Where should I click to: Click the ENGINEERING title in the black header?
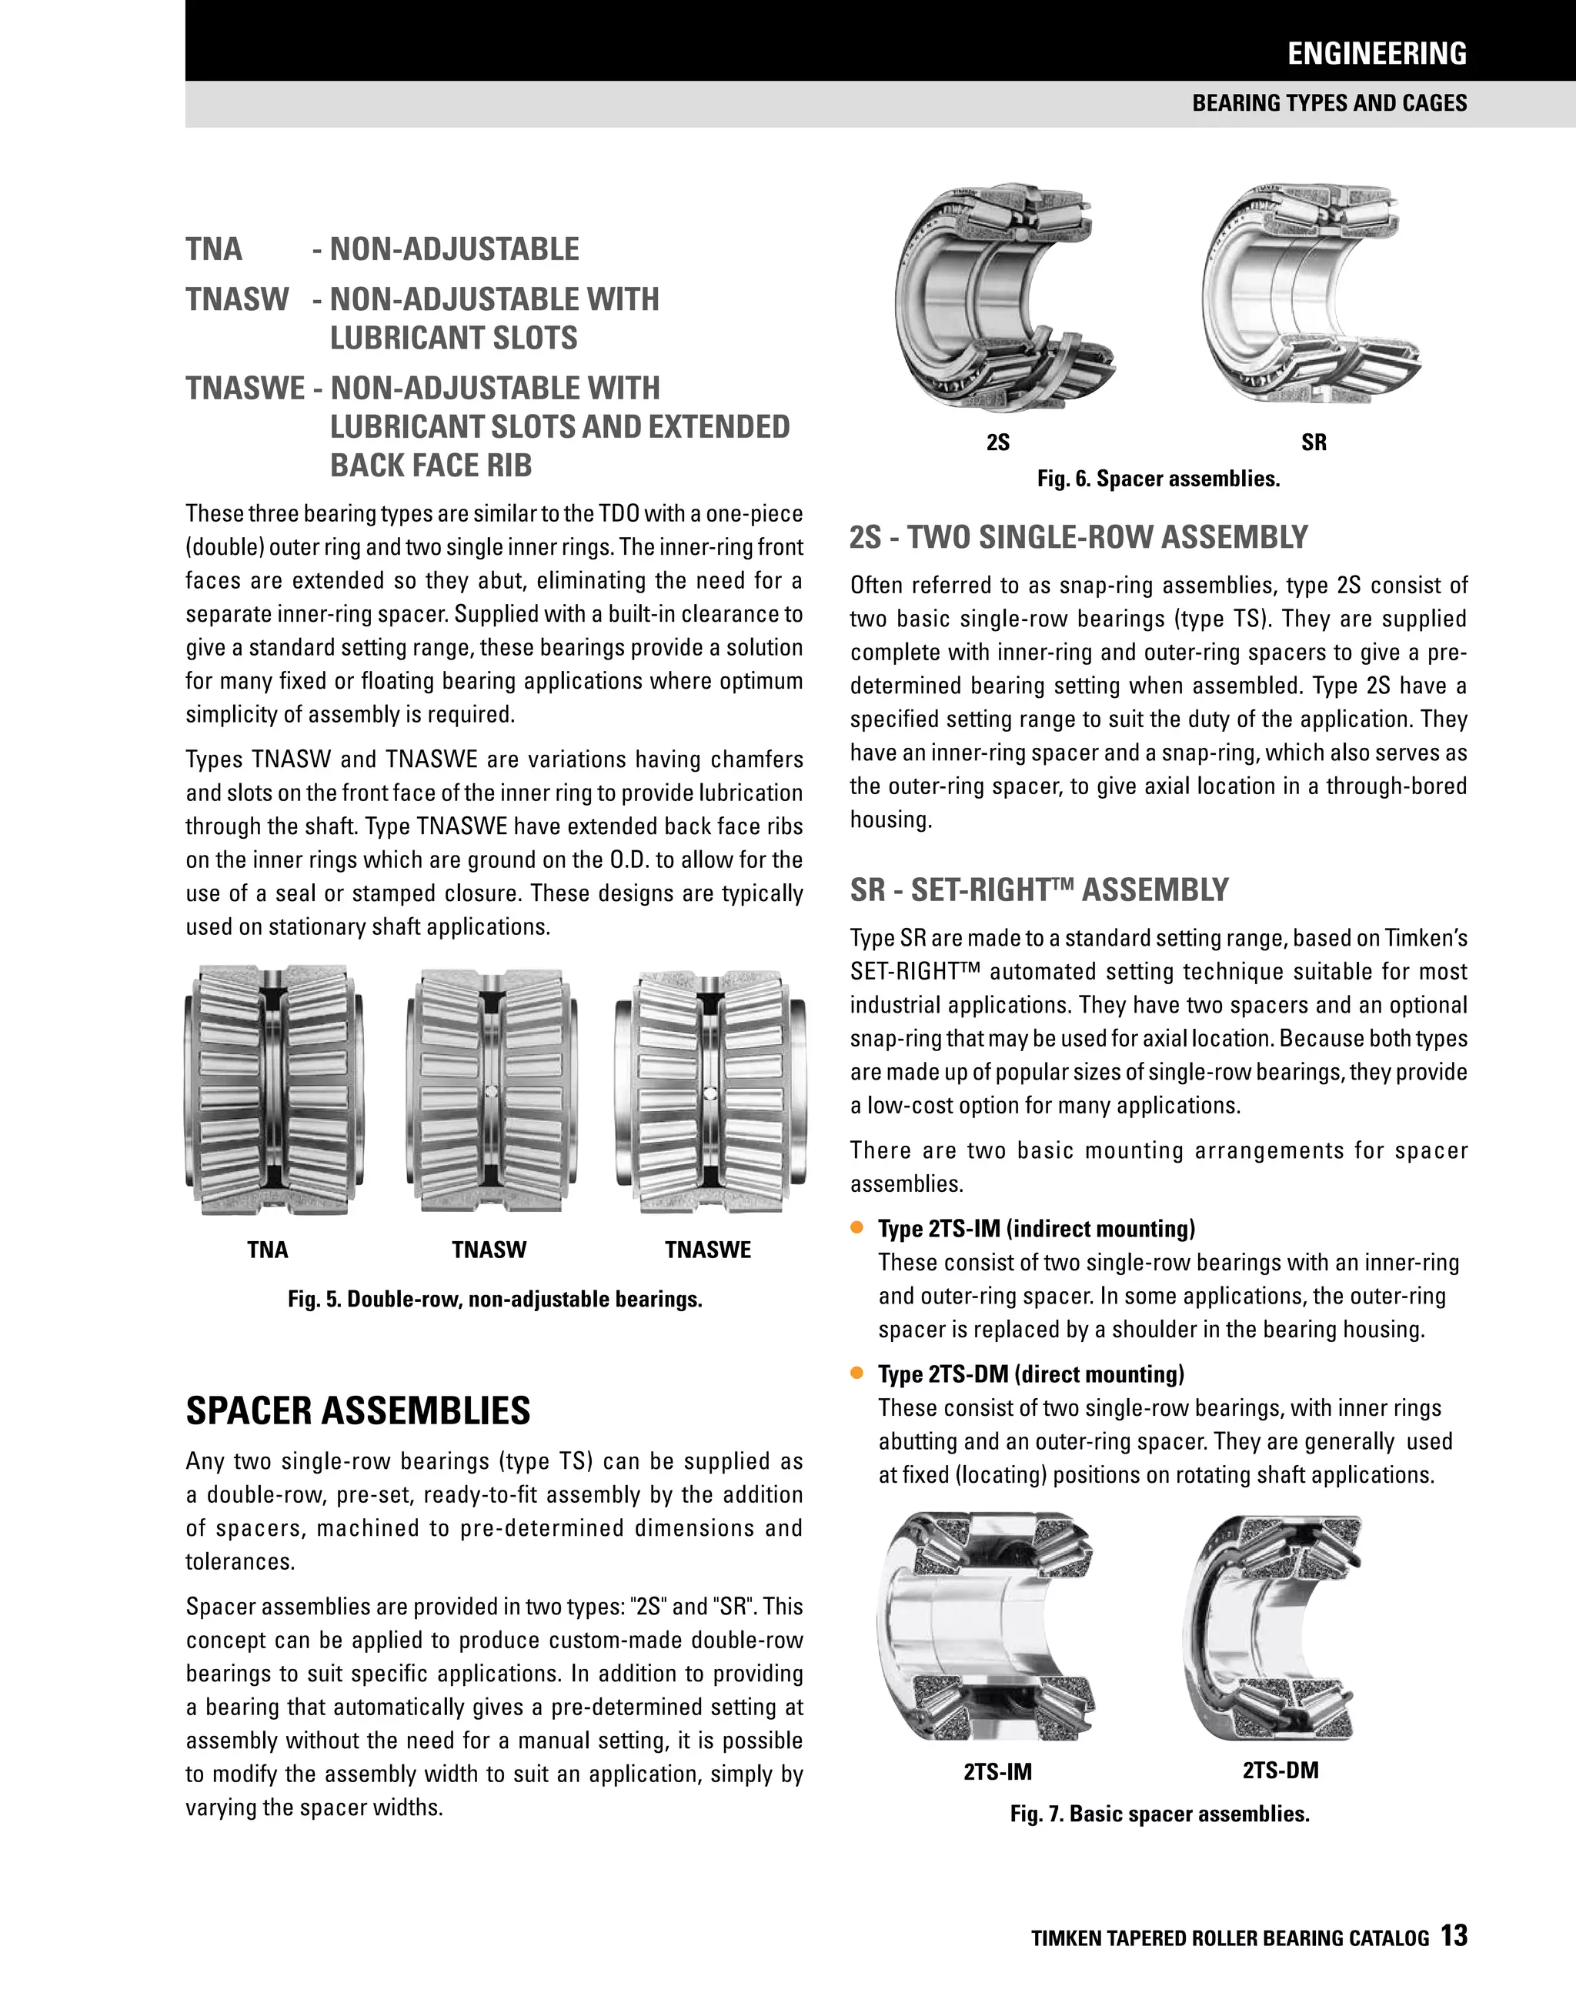coord(1376,54)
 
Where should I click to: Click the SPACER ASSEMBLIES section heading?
coord(359,1410)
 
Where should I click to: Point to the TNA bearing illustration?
coord(274,1091)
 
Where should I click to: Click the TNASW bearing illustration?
coord(491,1091)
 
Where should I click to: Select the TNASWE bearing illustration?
coord(710,1091)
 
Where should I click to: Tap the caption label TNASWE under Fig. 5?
coord(707,1250)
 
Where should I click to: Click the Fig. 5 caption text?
coord(495,1300)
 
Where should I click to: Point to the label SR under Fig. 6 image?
coord(1313,443)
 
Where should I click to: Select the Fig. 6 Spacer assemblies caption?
coord(1158,479)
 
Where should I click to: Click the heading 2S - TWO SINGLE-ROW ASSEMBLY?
coord(1078,537)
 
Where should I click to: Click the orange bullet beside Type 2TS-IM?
coord(856,1228)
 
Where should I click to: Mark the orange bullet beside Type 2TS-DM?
coord(856,1373)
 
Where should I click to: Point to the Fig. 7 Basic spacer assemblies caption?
coord(1159,1814)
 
